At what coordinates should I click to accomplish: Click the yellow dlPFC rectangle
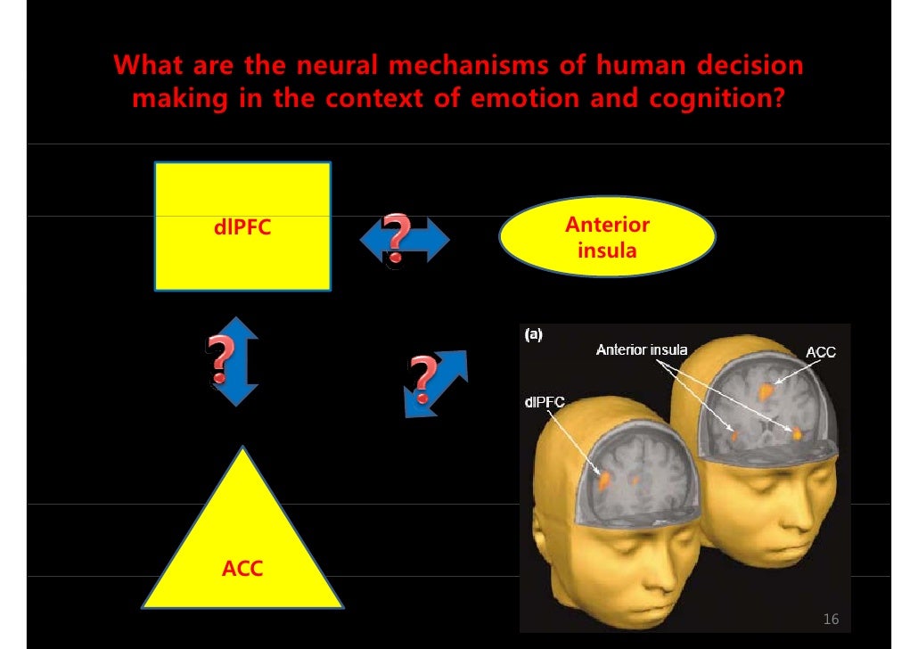242,226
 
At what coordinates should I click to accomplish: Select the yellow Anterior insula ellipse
606,237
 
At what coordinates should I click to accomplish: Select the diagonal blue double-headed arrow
437,382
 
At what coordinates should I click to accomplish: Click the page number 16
831,619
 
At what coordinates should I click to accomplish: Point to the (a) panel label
533,335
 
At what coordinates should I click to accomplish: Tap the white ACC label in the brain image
820,353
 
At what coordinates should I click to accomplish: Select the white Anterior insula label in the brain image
642,349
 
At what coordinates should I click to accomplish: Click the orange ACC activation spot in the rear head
765,389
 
